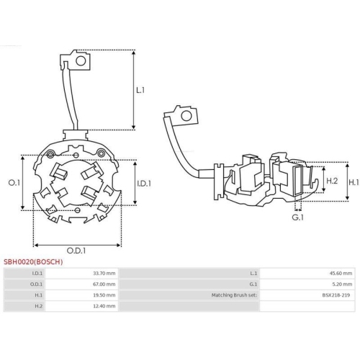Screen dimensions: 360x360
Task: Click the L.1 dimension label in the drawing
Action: (x=140, y=90)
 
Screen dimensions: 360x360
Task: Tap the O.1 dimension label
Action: (x=12, y=184)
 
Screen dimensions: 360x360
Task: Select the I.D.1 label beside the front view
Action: (x=144, y=184)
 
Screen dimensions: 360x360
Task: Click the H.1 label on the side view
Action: (x=354, y=183)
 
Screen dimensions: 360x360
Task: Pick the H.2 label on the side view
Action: (x=333, y=181)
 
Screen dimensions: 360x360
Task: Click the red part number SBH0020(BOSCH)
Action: (x=34, y=262)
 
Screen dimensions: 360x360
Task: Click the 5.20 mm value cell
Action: (x=343, y=284)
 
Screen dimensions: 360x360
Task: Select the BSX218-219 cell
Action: (x=337, y=295)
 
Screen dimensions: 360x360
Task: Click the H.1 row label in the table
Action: (x=37, y=295)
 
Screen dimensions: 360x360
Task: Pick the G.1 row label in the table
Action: (x=253, y=284)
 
